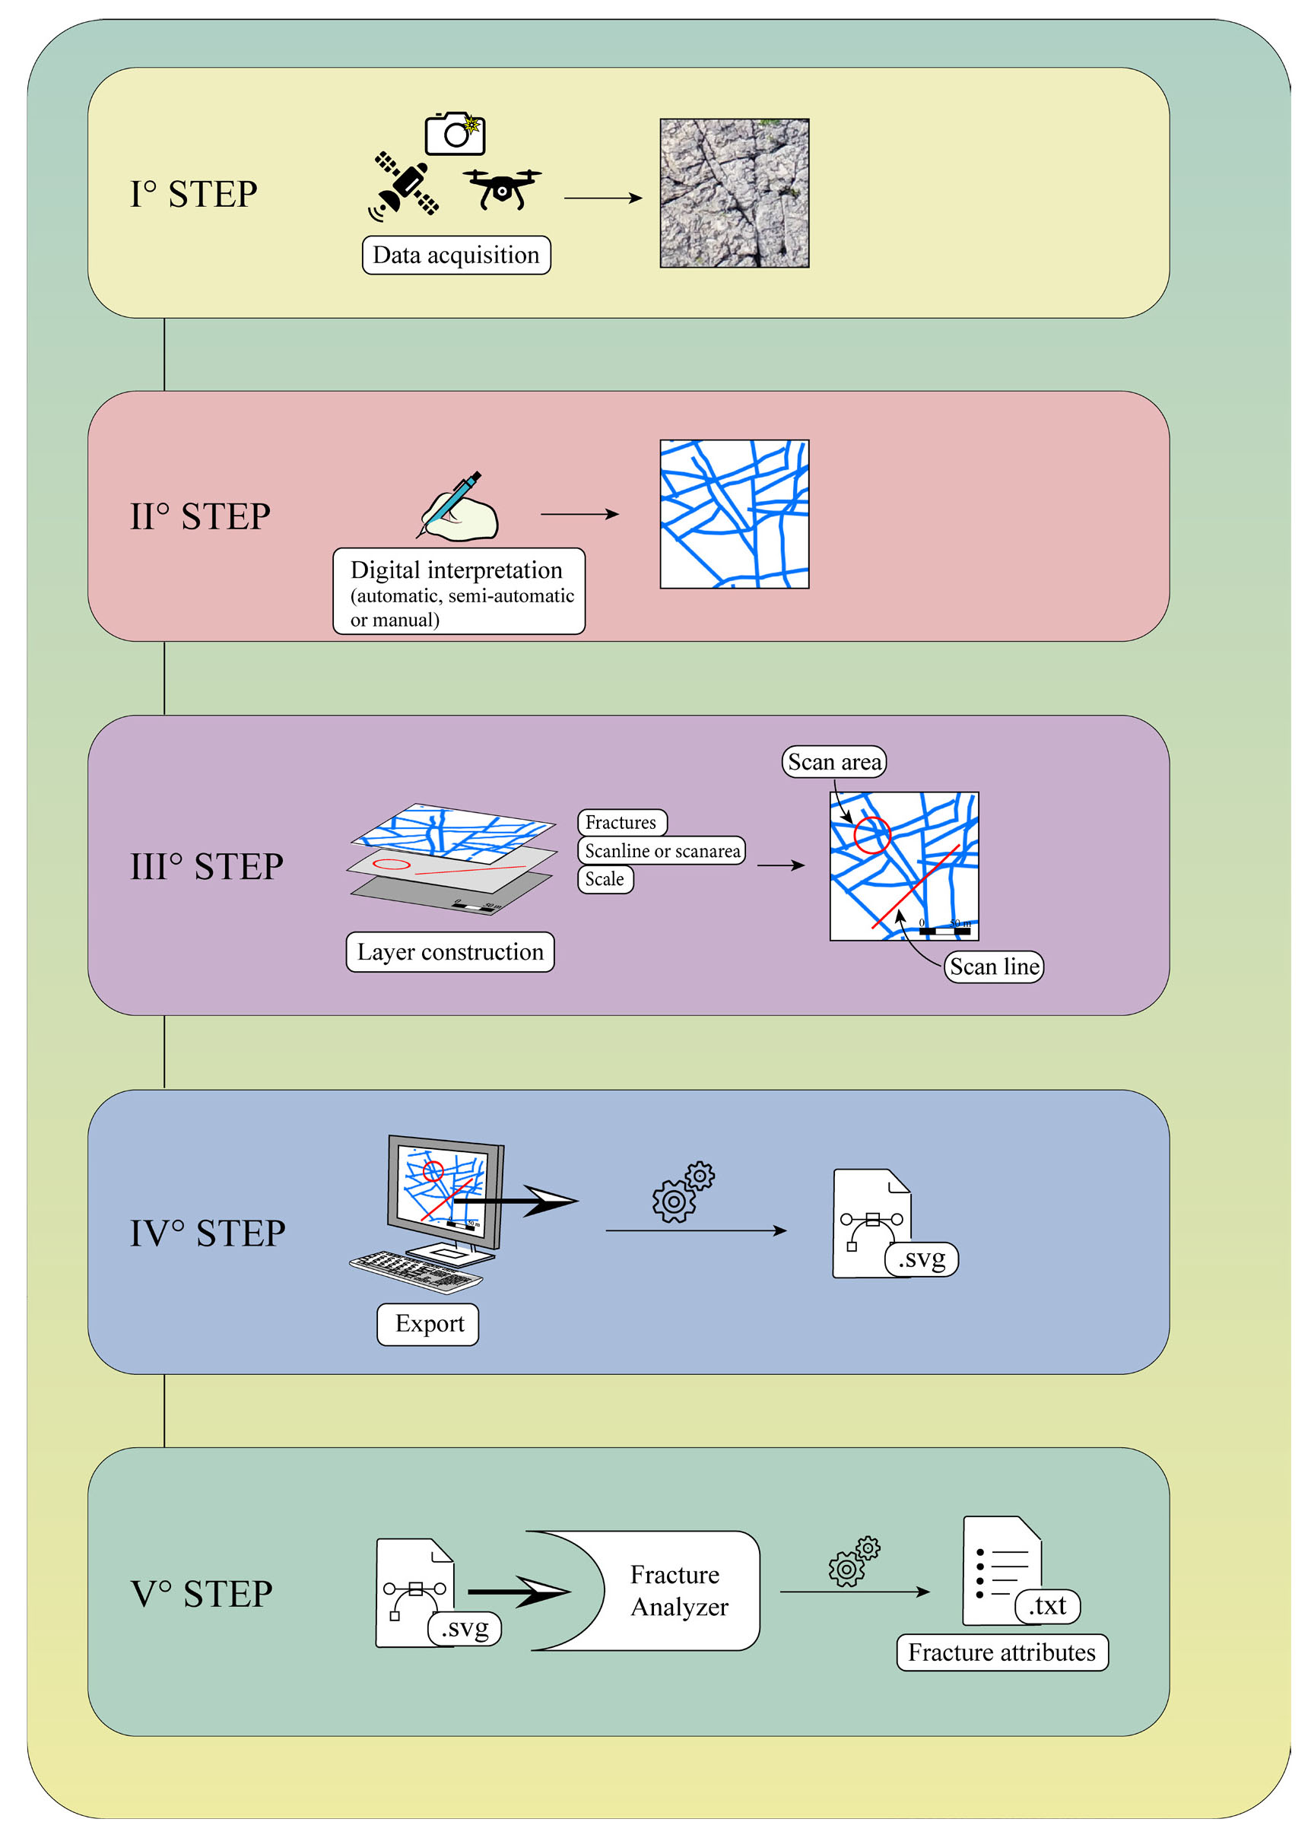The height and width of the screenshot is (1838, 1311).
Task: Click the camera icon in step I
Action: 456,133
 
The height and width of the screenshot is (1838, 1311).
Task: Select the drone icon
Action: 502,188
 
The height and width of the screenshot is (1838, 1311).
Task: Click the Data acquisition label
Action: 456,255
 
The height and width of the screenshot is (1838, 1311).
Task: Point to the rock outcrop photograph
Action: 734,193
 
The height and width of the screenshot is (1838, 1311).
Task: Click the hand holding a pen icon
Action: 459,508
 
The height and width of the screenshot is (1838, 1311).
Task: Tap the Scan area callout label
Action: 833,762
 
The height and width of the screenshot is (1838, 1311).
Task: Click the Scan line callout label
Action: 993,967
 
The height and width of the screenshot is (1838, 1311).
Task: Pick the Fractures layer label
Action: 621,822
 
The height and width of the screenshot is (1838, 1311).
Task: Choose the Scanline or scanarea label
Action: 661,850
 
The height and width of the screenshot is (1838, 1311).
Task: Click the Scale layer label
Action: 605,878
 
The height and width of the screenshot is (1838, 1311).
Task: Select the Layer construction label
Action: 449,951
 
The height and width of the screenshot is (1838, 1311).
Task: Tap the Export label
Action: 428,1324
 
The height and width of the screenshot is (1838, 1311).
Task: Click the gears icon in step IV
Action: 682,1192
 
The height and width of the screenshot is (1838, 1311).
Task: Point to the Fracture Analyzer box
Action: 678,1589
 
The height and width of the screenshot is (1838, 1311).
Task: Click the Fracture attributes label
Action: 1001,1652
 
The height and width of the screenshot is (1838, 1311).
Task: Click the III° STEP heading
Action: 207,867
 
